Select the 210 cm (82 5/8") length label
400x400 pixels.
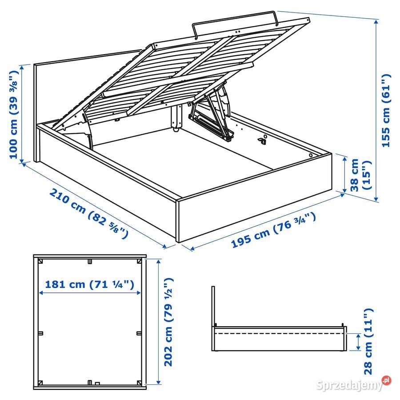(89, 213)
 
